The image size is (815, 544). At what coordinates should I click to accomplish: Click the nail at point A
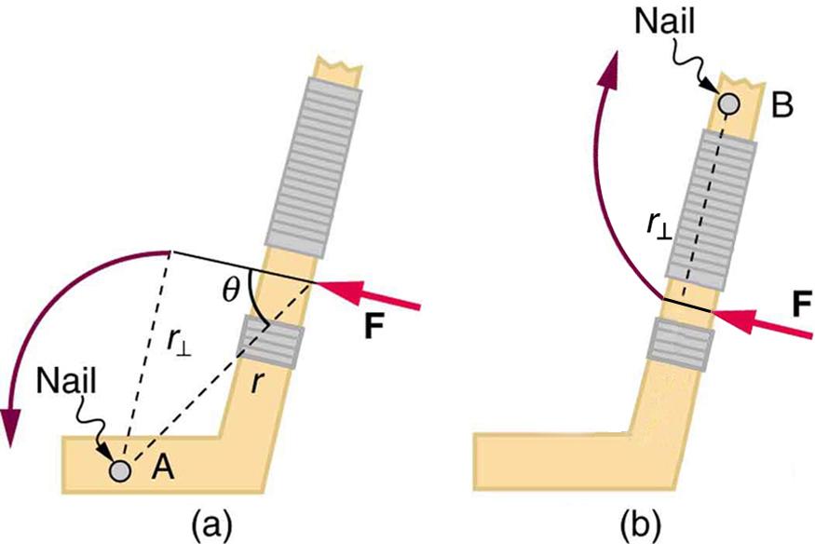point(119,471)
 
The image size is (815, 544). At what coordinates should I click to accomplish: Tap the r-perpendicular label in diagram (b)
point(660,223)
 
